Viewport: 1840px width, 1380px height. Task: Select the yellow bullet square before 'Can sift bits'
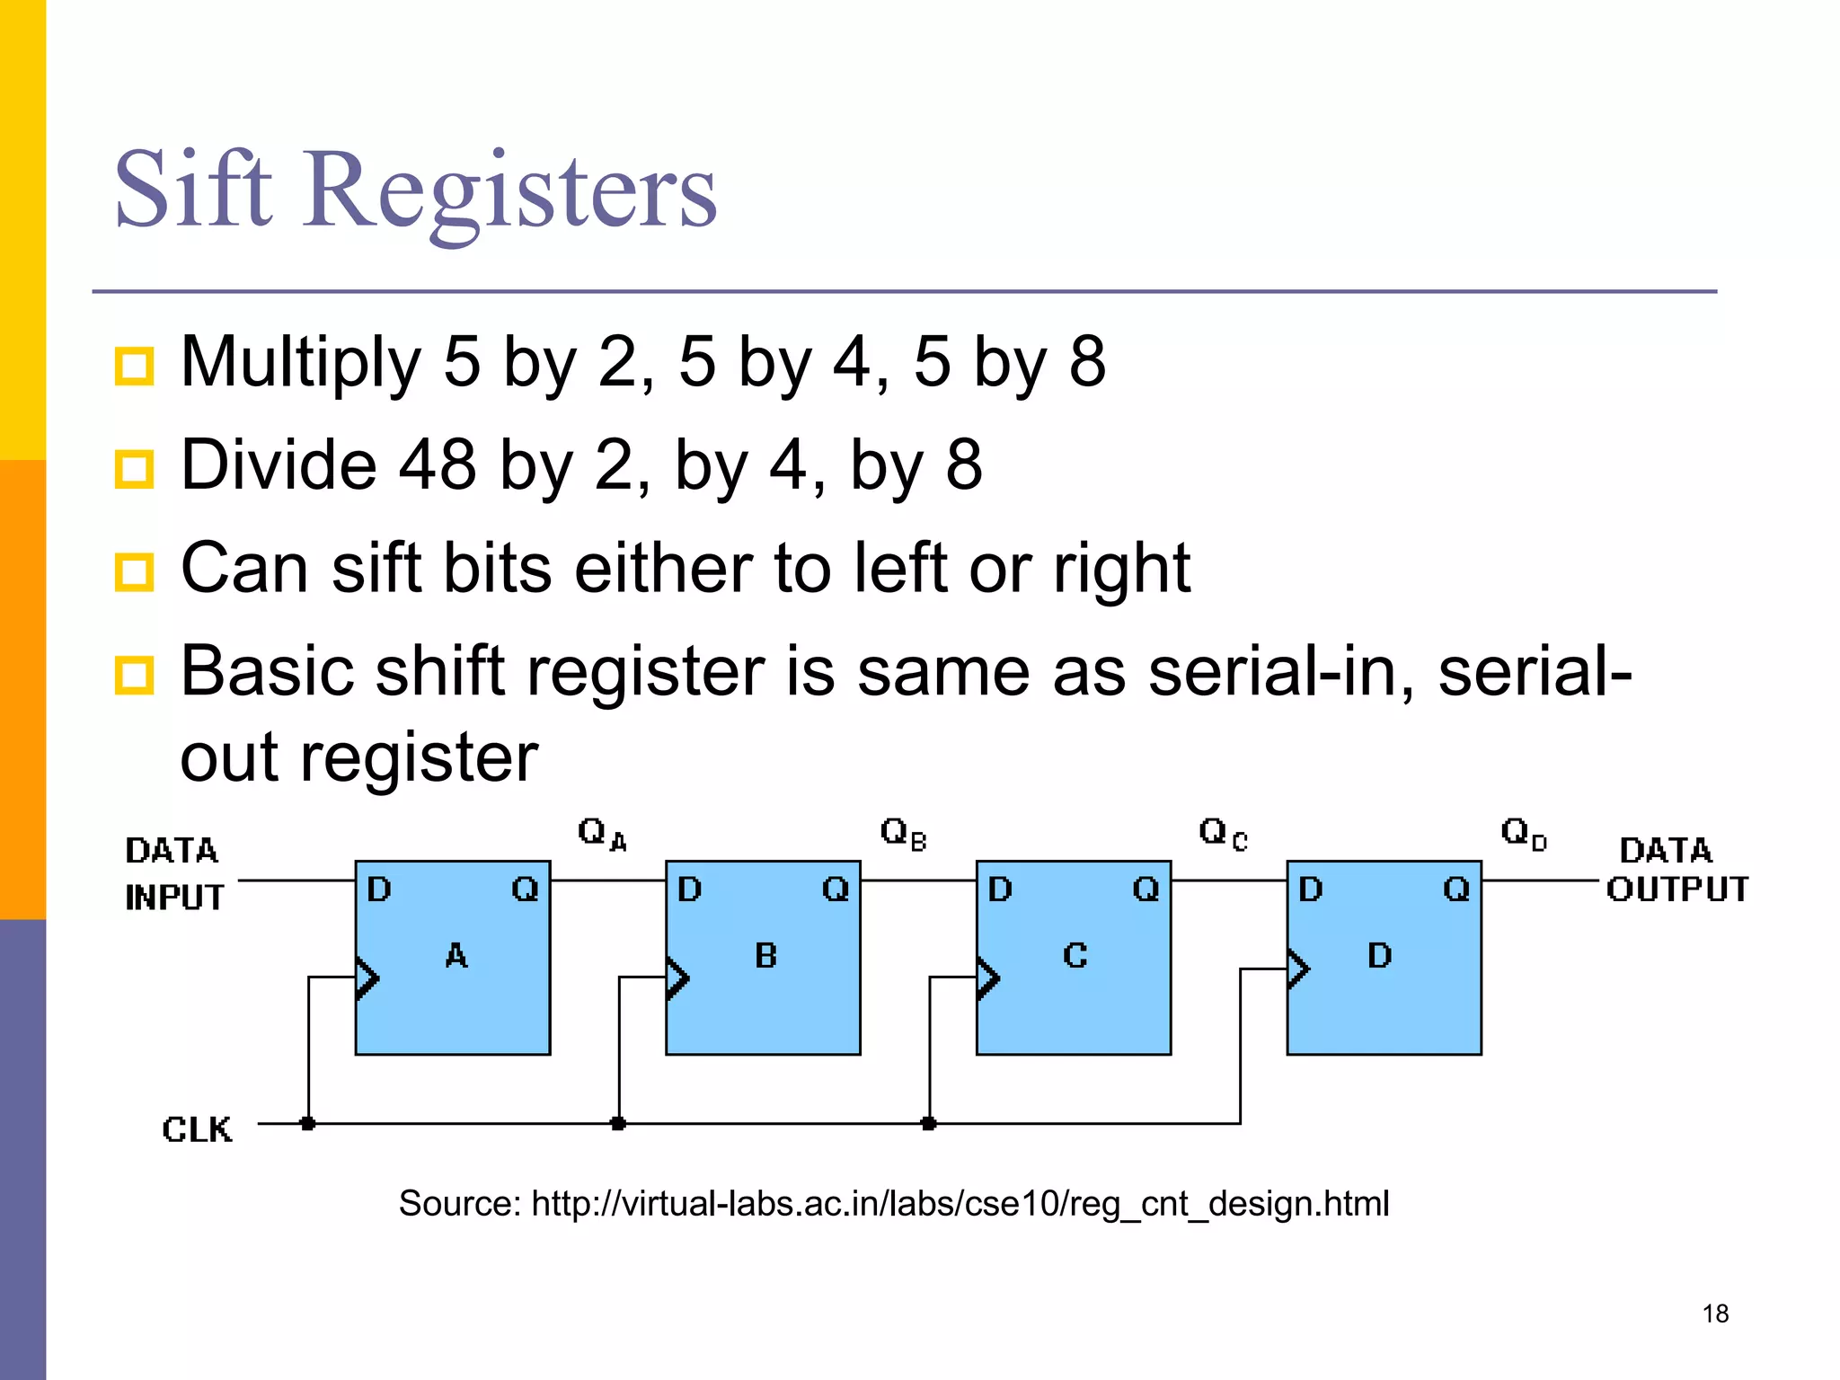point(135,571)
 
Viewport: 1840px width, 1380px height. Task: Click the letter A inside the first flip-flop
point(456,955)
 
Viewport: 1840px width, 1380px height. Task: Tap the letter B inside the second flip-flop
point(766,955)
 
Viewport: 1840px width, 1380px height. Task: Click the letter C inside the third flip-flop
point(1075,955)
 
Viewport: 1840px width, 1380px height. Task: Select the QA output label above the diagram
point(601,834)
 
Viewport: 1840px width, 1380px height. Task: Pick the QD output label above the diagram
point(1524,834)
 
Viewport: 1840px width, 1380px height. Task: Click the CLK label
point(197,1129)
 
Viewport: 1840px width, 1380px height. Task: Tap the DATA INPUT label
point(173,873)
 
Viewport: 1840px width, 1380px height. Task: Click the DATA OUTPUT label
point(1676,870)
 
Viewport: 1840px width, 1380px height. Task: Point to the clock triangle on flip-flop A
point(367,977)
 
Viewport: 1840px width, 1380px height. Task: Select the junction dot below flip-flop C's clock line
point(929,1123)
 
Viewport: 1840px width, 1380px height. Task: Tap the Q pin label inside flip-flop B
point(836,889)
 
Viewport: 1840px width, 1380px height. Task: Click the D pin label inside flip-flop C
point(1000,889)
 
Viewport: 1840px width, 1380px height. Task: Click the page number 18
point(1715,1314)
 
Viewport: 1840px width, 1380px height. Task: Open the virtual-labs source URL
point(960,1204)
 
